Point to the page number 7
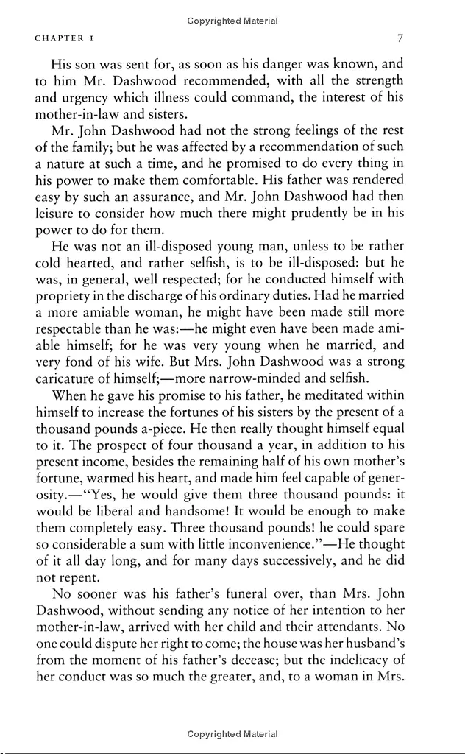pos(399,37)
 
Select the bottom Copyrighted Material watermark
pos(232,734)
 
